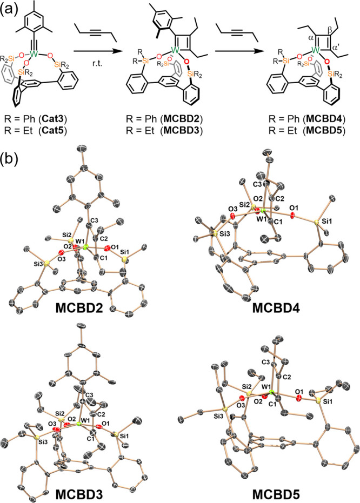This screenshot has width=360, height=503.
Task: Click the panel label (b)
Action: click(x=12, y=157)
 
